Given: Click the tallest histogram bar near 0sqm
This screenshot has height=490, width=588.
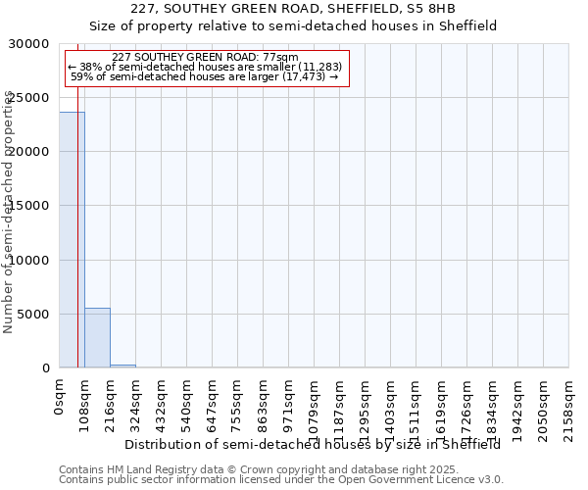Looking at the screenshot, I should (72, 240).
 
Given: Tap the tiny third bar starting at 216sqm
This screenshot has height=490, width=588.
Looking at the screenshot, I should (122, 366).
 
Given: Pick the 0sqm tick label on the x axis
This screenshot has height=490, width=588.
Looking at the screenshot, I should (59, 396).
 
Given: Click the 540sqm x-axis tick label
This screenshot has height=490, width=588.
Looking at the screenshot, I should (186, 404).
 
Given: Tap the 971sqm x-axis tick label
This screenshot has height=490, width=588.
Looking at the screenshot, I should (288, 404).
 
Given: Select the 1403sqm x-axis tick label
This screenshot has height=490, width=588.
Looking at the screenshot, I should (390, 407).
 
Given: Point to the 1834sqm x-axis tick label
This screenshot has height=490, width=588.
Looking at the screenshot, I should (492, 407).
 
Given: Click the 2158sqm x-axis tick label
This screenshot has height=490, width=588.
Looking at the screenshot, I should (568, 407).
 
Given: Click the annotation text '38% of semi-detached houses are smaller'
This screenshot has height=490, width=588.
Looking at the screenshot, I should (204, 67).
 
